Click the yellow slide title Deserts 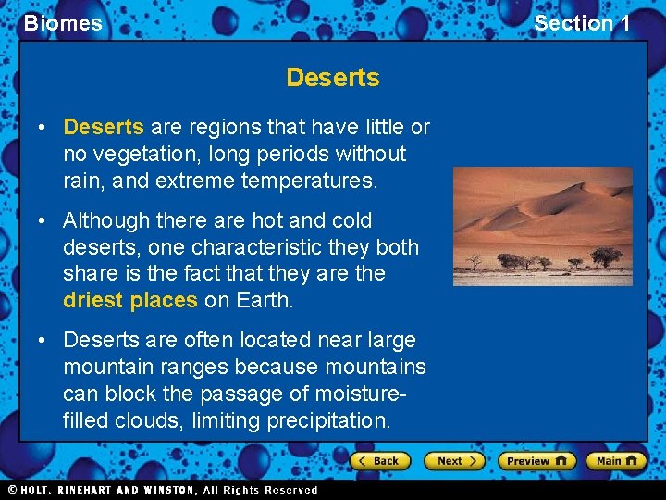(332, 78)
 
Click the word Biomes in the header (63, 23)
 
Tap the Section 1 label (582, 23)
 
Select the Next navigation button (454, 460)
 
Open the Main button (615, 460)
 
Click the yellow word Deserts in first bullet (103, 127)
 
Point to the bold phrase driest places (129, 300)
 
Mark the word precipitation (328, 420)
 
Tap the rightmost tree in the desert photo (606, 255)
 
